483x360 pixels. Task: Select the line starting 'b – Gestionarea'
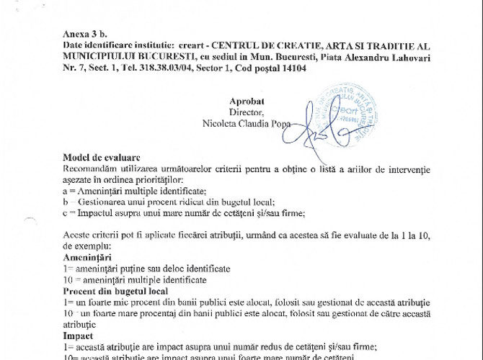143,202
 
